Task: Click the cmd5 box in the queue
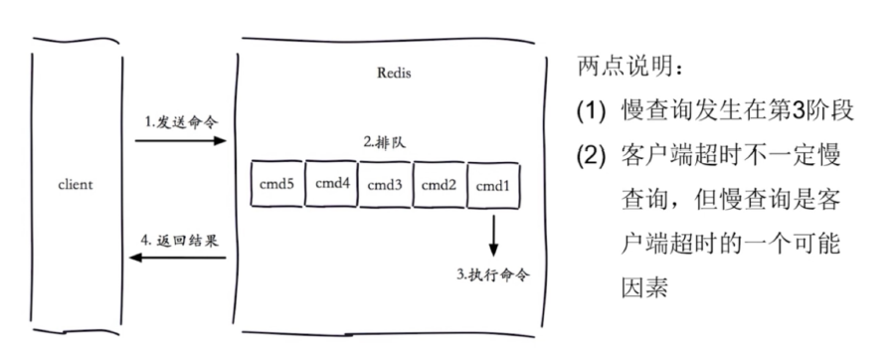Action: click(x=274, y=183)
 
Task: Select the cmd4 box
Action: click(x=329, y=183)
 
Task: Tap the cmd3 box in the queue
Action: click(x=384, y=183)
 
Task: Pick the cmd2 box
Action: click(x=439, y=183)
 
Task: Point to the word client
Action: click(x=75, y=185)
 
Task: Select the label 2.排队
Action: click(x=385, y=142)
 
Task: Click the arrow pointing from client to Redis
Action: click(x=180, y=142)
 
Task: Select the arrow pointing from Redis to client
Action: click(x=180, y=260)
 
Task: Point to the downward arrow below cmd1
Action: click(x=493, y=235)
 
